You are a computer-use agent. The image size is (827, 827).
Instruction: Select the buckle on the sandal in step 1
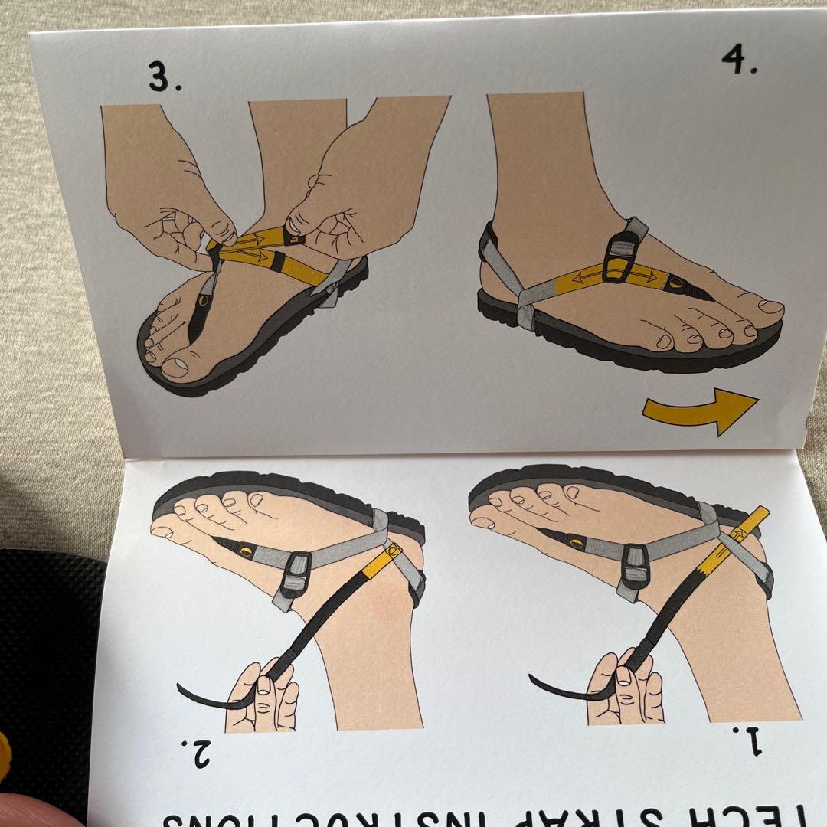(x=635, y=567)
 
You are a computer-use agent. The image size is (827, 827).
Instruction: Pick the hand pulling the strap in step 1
(x=624, y=685)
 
